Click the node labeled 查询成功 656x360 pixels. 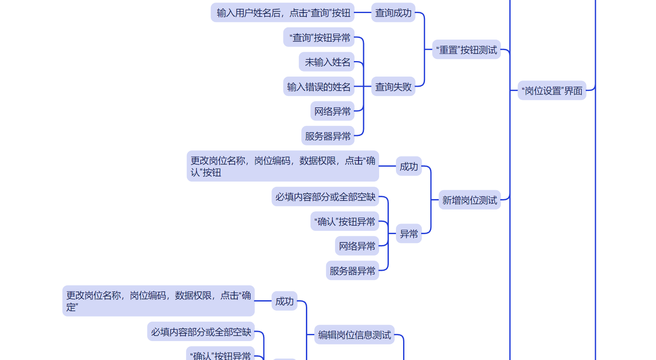[393, 13]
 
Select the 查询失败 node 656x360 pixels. [393, 87]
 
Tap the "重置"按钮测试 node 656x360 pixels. [466, 50]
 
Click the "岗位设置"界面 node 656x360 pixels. [552, 91]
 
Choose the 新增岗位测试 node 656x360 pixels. [470, 200]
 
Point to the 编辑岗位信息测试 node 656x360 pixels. [354, 335]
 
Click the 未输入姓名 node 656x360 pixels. [327, 62]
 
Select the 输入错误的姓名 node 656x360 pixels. [319, 87]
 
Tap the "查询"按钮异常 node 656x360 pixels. [319, 38]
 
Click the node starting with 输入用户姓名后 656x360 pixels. [282, 13]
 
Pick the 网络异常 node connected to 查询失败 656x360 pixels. [332, 112]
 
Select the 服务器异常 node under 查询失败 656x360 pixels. [328, 136]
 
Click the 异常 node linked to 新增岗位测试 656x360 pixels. [409, 234]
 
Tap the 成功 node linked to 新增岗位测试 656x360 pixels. [409, 167]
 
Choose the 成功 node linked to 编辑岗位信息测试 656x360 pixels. [284, 301]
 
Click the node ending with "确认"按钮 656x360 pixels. [283, 166]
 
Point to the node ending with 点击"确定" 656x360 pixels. [158, 301]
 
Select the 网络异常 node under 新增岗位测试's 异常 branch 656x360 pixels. [357, 246]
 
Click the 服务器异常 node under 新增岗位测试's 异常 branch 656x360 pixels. [352, 271]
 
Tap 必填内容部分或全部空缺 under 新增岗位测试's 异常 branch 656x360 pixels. [325, 197]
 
